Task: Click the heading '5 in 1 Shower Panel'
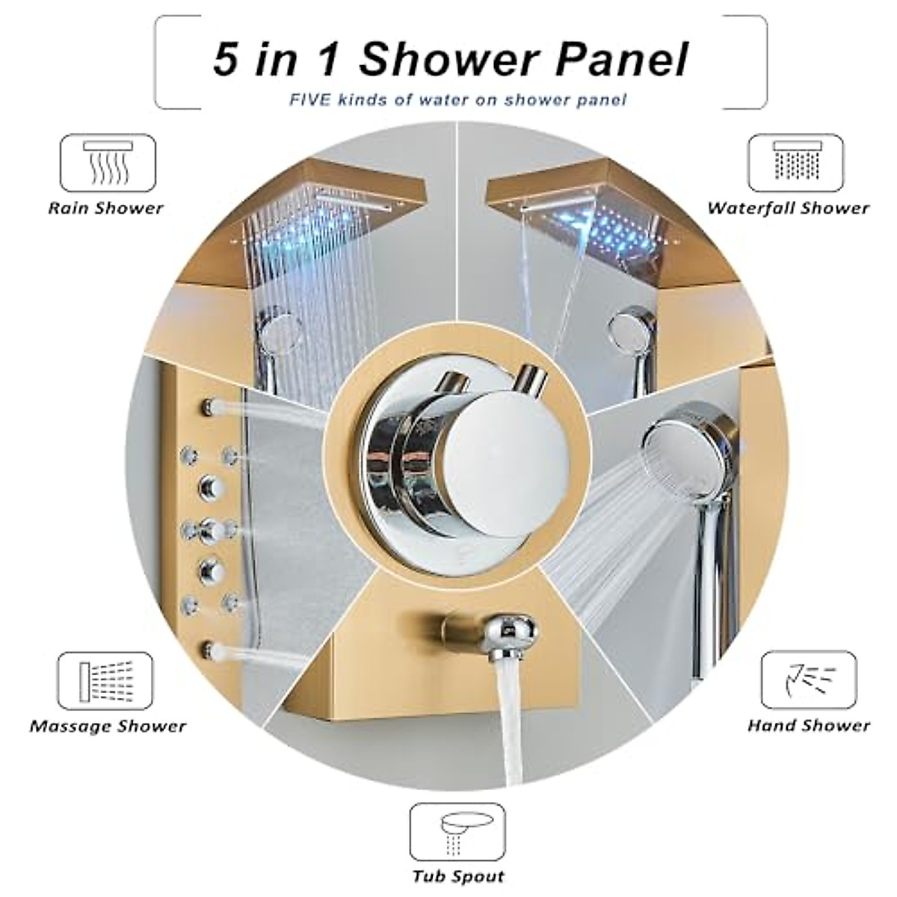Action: [x=450, y=60]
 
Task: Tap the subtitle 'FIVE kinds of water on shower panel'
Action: [x=458, y=99]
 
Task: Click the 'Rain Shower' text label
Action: [x=105, y=208]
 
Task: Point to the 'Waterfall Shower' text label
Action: [x=789, y=208]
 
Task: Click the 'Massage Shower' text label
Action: [x=108, y=726]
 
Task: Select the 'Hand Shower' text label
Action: [x=809, y=725]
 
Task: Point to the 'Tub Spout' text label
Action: [x=458, y=875]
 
